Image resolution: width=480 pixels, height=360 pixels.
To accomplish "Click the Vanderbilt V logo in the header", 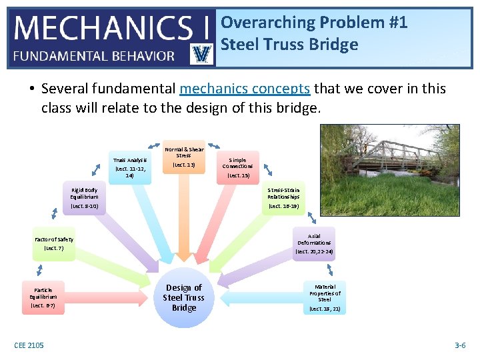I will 201,53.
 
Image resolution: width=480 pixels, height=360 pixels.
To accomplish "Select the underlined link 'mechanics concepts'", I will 245,89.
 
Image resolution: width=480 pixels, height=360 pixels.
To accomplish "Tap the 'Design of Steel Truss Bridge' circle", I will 184,297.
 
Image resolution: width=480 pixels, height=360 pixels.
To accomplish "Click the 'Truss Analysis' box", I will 129,167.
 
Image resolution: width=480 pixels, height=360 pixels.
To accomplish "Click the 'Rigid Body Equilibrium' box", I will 84,198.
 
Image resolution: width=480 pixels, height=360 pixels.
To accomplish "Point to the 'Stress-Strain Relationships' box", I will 283,198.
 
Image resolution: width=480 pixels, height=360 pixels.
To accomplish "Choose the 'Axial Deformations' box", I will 314,244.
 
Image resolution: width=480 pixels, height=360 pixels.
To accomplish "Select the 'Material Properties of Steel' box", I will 325,297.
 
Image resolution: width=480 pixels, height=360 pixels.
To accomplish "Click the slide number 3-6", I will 460,345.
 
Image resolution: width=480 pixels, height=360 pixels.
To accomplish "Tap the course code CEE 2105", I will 29,345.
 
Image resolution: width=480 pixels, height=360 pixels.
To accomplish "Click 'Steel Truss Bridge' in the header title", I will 289,45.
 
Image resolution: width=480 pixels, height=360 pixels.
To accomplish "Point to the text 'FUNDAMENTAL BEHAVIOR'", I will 94,56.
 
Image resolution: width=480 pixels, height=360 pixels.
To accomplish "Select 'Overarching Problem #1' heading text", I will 314,22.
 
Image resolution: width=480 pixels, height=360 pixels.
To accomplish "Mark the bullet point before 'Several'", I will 31,89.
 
